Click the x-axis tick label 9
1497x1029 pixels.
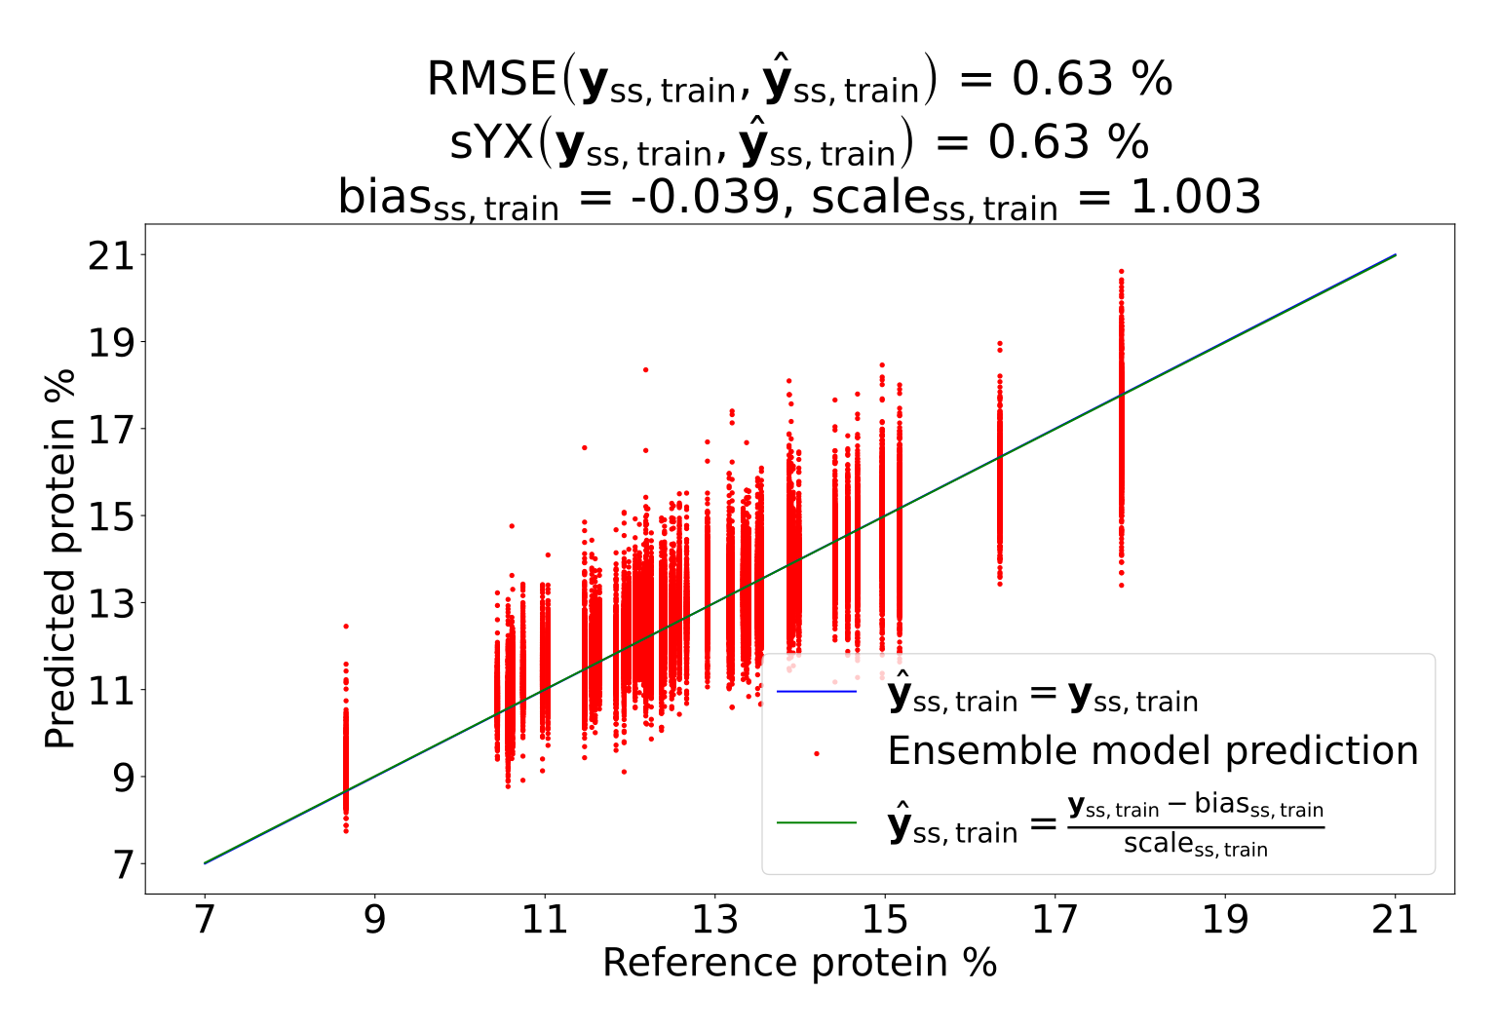[375, 920]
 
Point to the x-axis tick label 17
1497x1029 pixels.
[1055, 920]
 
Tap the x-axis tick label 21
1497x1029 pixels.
[1395, 920]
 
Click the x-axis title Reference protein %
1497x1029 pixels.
[800, 963]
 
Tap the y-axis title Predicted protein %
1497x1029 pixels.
[59, 558]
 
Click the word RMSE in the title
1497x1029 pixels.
[491, 79]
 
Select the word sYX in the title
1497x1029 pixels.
[491, 142]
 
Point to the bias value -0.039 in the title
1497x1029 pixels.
[705, 197]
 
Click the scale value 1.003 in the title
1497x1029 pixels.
[1196, 197]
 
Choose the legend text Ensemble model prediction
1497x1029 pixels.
[1153, 750]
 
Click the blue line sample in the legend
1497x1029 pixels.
[816, 692]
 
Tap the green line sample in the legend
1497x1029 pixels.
[816, 822]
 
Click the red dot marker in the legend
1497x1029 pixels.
[816, 753]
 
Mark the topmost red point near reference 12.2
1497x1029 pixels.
[645, 369]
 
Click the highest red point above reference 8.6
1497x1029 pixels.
[346, 627]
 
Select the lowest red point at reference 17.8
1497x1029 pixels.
[1122, 586]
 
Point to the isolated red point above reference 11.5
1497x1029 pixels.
[584, 447]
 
